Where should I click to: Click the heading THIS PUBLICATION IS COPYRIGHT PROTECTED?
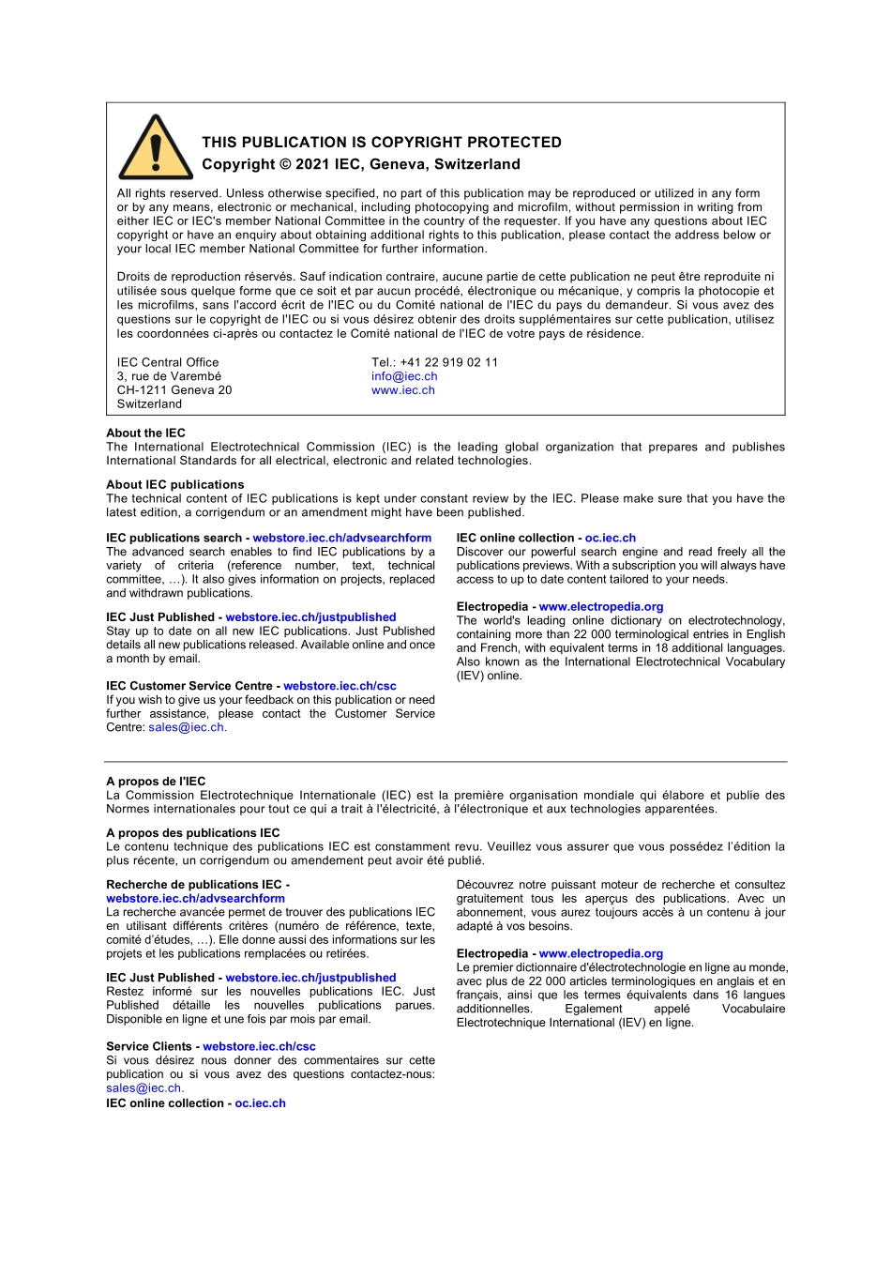pyautogui.click(x=382, y=143)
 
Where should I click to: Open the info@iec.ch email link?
pyautogui.click(x=404, y=376)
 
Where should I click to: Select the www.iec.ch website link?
pyautogui.click(x=403, y=390)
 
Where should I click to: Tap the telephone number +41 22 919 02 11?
pyautogui.click(x=448, y=362)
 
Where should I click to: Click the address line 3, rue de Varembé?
pyautogui.click(x=169, y=376)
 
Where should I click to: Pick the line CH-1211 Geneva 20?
pyautogui.click(x=174, y=390)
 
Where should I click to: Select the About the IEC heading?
pyautogui.click(x=145, y=433)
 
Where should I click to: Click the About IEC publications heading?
pyautogui.click(x=174, y=484)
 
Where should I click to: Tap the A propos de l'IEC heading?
pyautogui.click(x=156, y=781)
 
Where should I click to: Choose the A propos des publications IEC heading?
pyautogui.click(x=192, y=832)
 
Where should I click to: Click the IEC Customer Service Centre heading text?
pyautogui.click(x=193, y=686)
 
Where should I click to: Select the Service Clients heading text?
pyautogui.click(x=148, y=1046)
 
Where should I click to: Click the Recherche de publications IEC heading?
pyautogui.click(x=197, y=884)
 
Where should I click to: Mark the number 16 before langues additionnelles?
pyautogui.click(x=732, y=995)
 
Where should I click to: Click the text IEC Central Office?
pyautogui.click(x=168, y=362)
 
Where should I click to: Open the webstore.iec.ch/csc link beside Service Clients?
pyautogui.click(x=259, y=1046)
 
